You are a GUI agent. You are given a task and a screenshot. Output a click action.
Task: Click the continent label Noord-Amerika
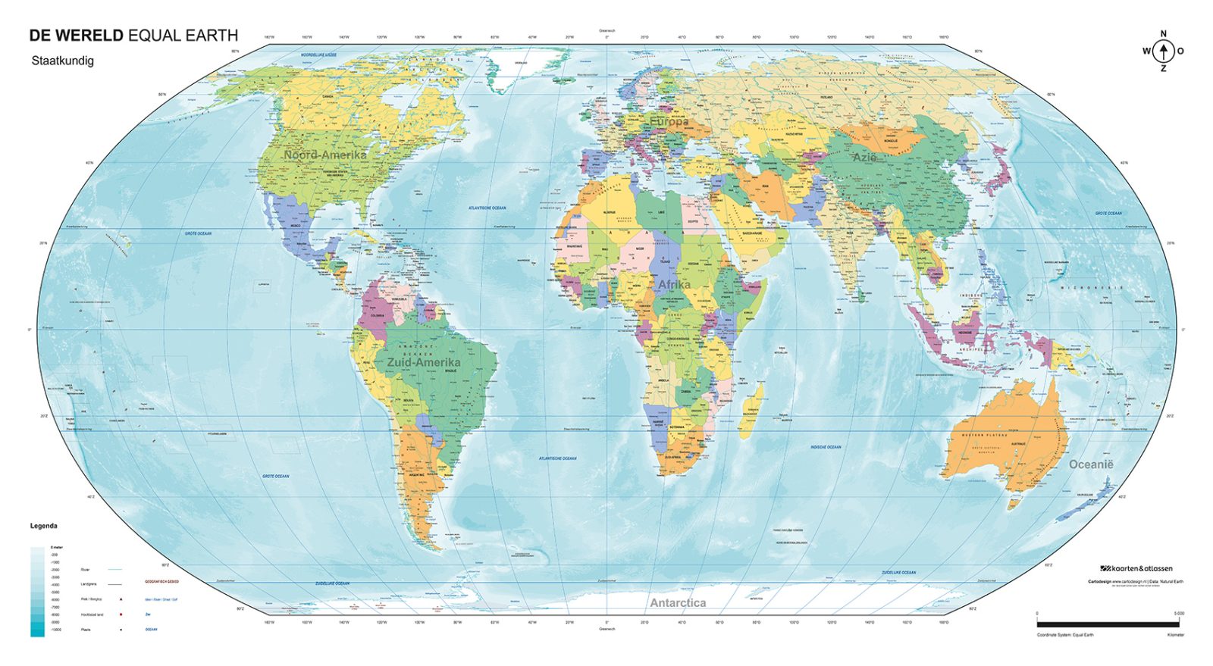pyautogui.click(x=324, y=155)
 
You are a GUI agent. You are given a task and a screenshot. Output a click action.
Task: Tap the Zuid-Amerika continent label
pyautogui.click(x=423, y=363)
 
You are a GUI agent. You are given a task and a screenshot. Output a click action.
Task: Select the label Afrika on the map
pyautogui.click(x=674, y=285)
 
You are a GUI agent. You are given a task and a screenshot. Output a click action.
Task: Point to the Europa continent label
pyautogui.click(x=669, y=121)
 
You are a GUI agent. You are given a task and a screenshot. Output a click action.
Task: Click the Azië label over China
pyautogui.click(x=864, y=158)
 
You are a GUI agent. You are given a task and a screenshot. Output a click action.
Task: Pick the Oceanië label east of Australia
pyautogui.click(x=1091, y=464)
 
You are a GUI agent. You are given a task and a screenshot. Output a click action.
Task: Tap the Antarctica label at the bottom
pyautogui.click(x=678, y=603)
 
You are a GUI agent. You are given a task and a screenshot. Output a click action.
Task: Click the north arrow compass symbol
pyautogui.click(x=1164, y=52)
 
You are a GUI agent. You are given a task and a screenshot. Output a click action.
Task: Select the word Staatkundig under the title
pyautogui.click(x=62, y=61)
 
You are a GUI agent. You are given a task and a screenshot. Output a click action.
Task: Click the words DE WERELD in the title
pyautogui.click(x=76, y=35)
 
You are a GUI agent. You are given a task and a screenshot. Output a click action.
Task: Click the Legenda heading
pyautogui.click(x=43, y=526)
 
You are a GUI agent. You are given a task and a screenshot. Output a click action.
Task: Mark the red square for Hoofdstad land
pyautogui.click(x=121, y=614)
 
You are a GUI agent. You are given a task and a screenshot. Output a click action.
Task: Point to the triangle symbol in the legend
pyautogui.click(x=121, y=599)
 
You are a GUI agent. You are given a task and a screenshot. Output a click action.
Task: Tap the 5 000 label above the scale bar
pyautogui.click(x=1179, y=614)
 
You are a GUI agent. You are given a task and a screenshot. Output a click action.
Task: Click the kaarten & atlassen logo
pyautogui.click(x=1136, y=568)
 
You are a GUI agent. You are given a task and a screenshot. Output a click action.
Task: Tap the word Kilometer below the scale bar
pyautogui.click(x=1175, y=635)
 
